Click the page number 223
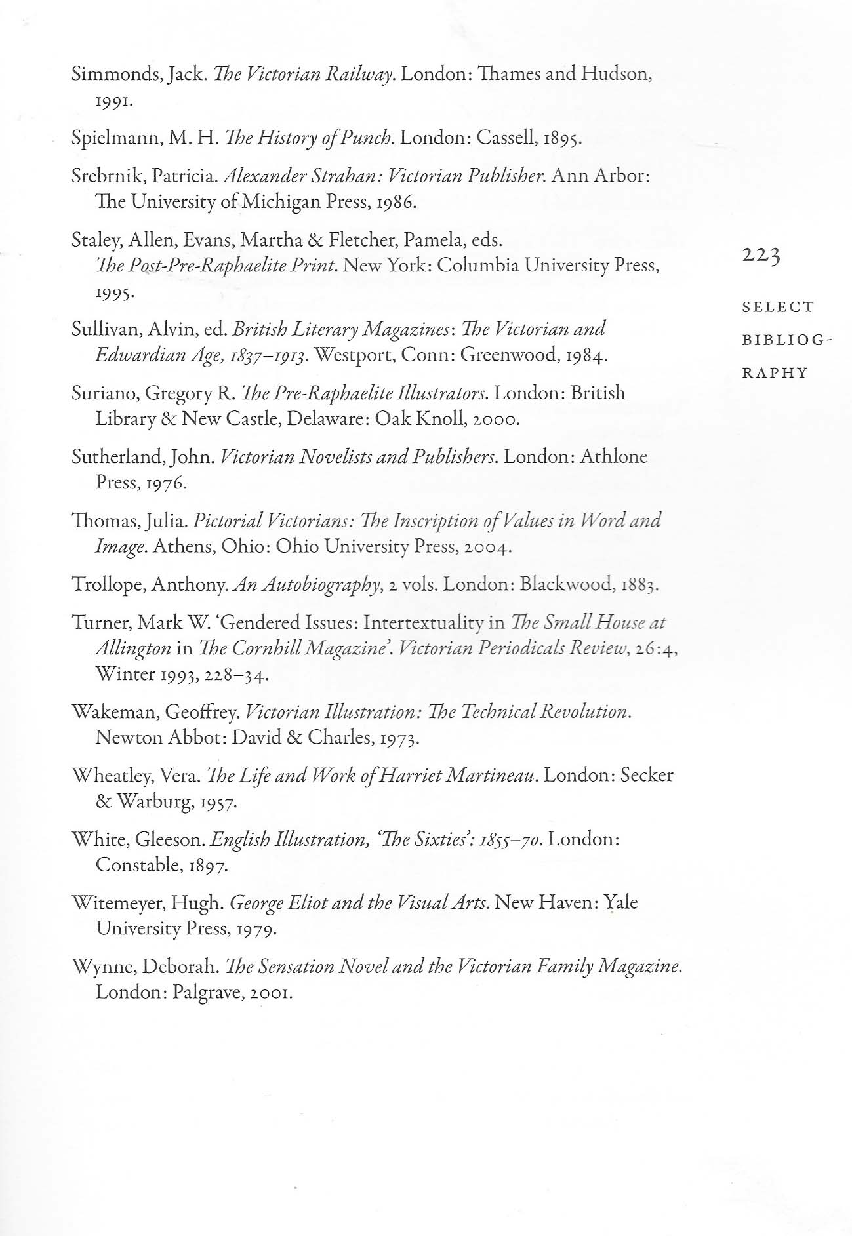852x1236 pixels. (761, 255)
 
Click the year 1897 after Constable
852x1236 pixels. (208, 866)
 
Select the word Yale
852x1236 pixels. (621, 904)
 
